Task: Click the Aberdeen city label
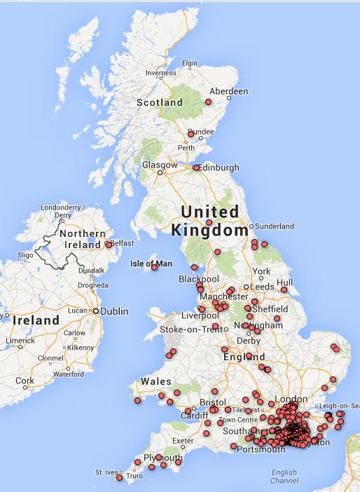click(228, 91)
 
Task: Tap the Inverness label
click(160, 73)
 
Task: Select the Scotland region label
click(159, 102)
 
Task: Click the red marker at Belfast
click(109, 245)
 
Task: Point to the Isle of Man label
click(151, 264)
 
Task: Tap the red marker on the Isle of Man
click(154, 267)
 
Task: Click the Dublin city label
click(114, 311)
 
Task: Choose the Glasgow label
click(155, 165)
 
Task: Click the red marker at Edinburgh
click(195, 168)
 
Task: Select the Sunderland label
click(275, 226)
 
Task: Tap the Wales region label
click(156, 381)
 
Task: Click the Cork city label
click(25, 381)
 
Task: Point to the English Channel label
click(284, 476)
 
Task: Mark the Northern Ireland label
click(83, 239)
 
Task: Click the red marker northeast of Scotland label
click(208, 102)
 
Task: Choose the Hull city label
click(284, 282)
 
